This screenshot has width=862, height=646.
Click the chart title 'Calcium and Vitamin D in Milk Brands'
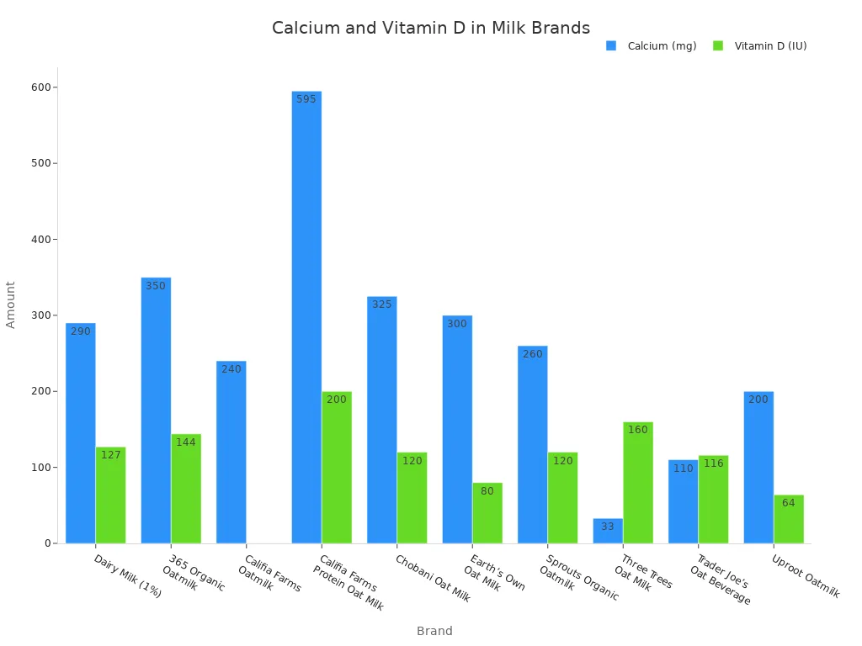tap(430, 29)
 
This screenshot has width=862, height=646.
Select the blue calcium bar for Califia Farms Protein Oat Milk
tap(306, 320)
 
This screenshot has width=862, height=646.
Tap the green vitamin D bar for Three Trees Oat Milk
tap(638, 484)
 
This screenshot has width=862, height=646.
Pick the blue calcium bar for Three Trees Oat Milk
tap(608, 532)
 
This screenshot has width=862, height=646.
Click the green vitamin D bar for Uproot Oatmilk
tap(789, 520)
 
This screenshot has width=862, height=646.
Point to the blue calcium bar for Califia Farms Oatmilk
tap(231, 454)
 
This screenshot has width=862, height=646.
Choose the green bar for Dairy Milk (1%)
tap(110, 496)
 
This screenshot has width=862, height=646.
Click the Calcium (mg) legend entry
tap(652, 46)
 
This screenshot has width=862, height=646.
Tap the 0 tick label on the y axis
tap(48, 543)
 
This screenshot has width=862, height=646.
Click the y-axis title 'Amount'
tap(11, 304)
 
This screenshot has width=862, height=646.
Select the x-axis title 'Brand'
tap(434, 631)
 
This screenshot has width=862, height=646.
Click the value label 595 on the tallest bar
tap(306, 99)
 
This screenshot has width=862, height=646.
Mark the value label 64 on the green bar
tap(789, 503)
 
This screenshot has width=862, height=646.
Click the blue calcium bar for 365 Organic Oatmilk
tap(156, 412)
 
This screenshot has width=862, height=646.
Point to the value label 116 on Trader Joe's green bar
tap(714, 463)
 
